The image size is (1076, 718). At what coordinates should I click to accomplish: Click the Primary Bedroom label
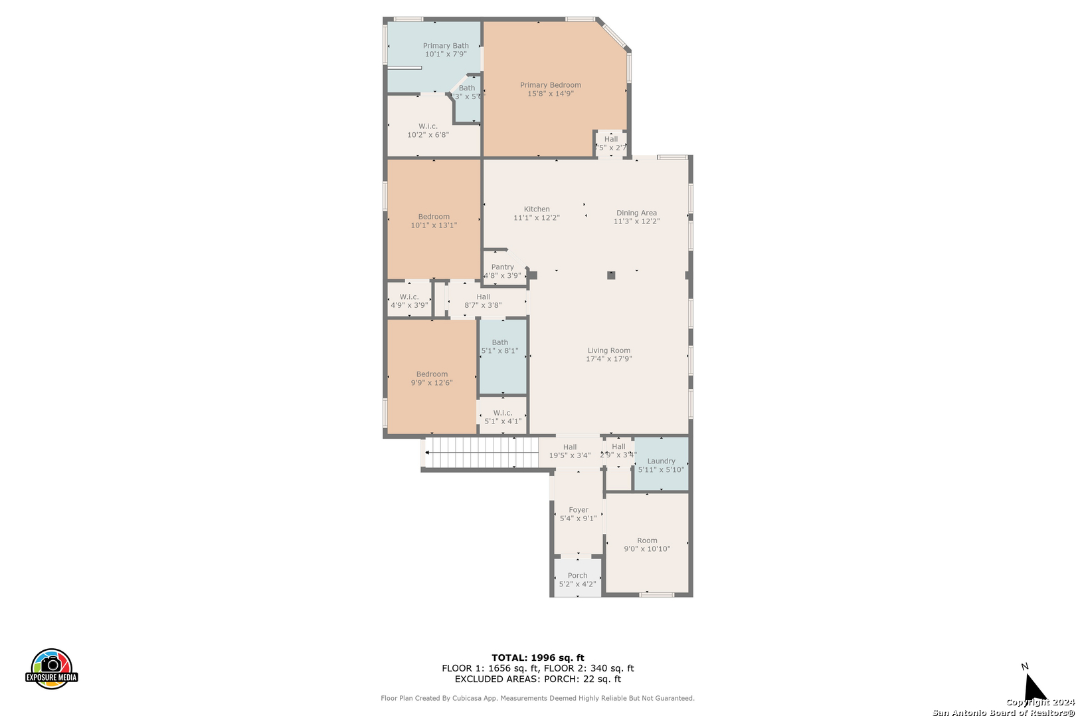tap(550, 85)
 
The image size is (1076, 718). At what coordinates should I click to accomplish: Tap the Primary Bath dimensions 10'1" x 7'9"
tap(446, 55)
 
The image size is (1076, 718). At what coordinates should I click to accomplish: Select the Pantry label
tap(503, 267)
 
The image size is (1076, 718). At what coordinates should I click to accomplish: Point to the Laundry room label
tap(661, 461)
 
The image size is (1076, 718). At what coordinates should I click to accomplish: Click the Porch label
tap(577, 576)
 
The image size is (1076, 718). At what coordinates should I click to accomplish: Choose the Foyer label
tap(578, 510)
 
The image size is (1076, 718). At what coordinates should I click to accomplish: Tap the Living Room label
tap(608, 350)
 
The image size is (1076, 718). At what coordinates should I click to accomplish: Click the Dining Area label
tap(636, 213)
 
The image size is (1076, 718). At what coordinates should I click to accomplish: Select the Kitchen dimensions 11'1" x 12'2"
tap(537, 218)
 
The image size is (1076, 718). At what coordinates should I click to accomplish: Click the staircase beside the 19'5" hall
tap(482, 453)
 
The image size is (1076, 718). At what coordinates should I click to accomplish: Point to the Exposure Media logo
tap(52, 669)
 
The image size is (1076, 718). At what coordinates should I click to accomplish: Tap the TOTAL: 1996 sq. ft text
tap(537, 658)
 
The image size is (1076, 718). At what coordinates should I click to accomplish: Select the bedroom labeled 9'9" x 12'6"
tap(432, 378)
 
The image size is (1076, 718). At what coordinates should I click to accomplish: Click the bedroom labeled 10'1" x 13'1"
tap(434, 221)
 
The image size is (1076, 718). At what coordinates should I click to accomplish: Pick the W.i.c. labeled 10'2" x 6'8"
tap(428, 130)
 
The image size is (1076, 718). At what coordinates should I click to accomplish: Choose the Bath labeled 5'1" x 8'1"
tap(500, 346)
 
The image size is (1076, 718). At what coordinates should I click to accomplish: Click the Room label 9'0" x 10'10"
tap(647, 544)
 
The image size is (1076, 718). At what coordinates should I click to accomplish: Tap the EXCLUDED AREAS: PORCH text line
tap(537, 679)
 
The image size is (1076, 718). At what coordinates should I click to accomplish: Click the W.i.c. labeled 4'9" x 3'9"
tap(409, 301)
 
